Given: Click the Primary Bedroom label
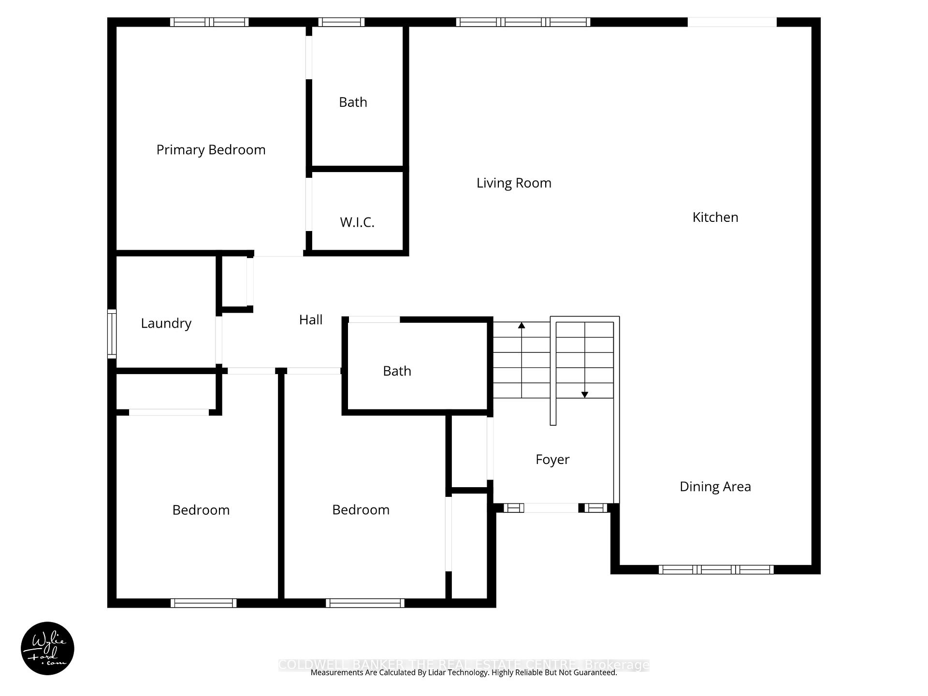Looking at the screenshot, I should tap(211, 150).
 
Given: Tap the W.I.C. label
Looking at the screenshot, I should tap(357, 222).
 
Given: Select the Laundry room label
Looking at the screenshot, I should tap(166, 323).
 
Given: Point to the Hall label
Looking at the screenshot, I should tap(311, 319).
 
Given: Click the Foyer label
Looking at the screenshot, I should tap(552, 459).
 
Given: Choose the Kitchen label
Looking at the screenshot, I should tap(715, 217).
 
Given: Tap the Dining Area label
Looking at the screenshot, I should tap(715, 486).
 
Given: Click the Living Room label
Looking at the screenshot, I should tap(514, 183).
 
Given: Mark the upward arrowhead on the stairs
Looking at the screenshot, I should tap(522, 325).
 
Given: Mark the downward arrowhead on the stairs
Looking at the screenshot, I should tap(584, 395).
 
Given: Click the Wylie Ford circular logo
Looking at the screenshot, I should tap(47, 648).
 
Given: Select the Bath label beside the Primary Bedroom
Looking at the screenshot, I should tap(353, 102).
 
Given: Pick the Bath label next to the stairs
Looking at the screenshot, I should tap(397, 371).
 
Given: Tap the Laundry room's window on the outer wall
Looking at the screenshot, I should tap(112, 333).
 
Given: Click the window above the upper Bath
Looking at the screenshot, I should tap(341, 22).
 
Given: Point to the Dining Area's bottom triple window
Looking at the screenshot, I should tap(716, 569).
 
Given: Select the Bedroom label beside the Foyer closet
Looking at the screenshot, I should tap(361, 509).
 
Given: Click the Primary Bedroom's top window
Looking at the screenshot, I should tap(209, 22).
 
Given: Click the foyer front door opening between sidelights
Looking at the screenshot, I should tap(551, 507).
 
